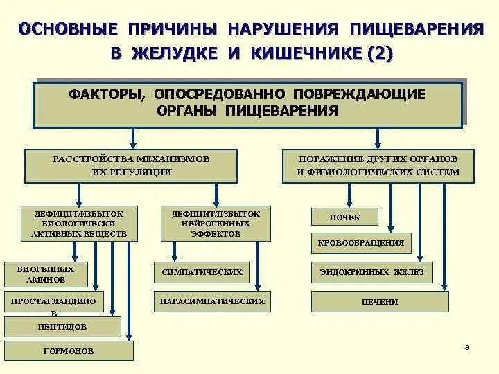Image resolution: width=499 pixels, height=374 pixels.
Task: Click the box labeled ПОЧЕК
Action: tap(344, 217)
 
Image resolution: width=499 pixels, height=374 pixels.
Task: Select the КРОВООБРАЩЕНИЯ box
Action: tap(361, 244)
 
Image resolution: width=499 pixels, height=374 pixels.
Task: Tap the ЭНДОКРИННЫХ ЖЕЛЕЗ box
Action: tap(371, 272)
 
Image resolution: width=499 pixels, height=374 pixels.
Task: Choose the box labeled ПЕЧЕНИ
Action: tap(379, 302)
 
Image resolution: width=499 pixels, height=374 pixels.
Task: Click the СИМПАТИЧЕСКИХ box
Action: tap(202, 272)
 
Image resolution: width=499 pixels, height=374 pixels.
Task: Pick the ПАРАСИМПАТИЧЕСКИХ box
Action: tap(211, 301)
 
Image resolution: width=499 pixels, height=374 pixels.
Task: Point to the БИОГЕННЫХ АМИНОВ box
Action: tap(46, 274)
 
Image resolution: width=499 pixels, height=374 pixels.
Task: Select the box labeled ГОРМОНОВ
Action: tap(68, 350)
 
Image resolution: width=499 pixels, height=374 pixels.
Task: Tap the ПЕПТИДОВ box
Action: tap(62, 326)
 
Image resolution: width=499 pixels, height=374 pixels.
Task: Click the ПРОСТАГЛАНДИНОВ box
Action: tap(53, 301)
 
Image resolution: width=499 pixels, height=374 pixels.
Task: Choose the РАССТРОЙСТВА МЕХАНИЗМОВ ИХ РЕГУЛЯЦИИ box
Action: tap(131, 165)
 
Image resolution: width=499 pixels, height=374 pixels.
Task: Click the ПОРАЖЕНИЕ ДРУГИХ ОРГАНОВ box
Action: tap(378, 165)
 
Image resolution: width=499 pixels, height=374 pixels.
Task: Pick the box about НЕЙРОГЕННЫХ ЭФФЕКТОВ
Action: tap(216, 224)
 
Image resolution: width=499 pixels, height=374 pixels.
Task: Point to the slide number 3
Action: tap(466, 347)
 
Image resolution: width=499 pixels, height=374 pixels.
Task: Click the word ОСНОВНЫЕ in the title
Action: tap(66, 30)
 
